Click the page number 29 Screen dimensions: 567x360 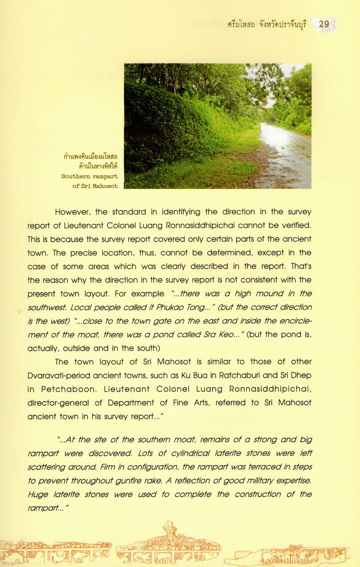point(324,24)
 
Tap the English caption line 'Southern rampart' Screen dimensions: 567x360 point(90,177)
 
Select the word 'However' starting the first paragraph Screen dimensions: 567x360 point(74,212)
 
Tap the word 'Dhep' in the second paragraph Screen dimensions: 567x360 point(301,375)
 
